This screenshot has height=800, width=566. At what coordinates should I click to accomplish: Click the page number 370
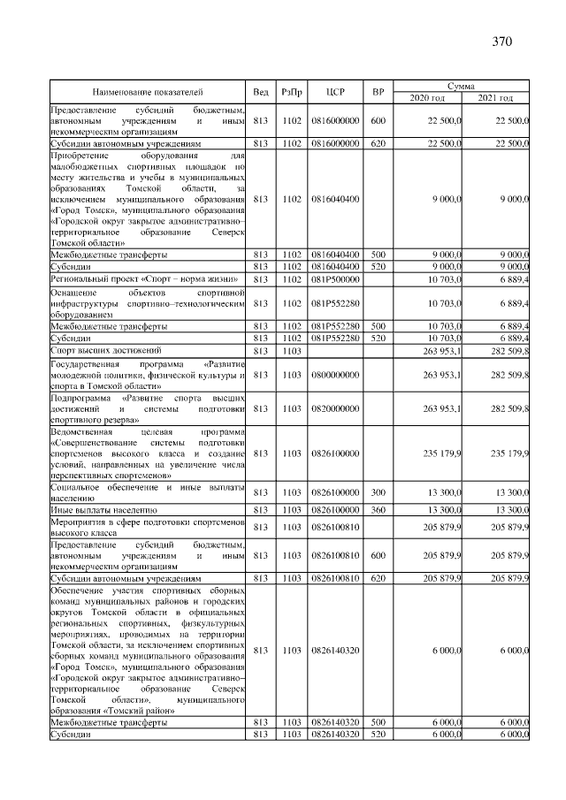tap(501, 42)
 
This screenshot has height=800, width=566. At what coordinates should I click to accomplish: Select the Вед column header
tap(260, 91)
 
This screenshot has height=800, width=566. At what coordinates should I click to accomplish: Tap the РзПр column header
tap(291, 91)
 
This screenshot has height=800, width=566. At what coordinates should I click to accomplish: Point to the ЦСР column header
tap(334, 91)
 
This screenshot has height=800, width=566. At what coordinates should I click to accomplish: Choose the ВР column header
tap(378, 91)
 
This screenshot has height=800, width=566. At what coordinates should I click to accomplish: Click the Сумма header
tap(461, 86)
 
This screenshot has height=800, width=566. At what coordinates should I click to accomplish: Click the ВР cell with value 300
tap(378, 491)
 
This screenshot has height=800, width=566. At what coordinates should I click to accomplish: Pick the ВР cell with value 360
tap(378, 510)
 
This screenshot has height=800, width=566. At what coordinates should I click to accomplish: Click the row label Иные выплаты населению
tap(103, 510)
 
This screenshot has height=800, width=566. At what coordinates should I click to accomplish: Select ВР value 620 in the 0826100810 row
tap(378, 577)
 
